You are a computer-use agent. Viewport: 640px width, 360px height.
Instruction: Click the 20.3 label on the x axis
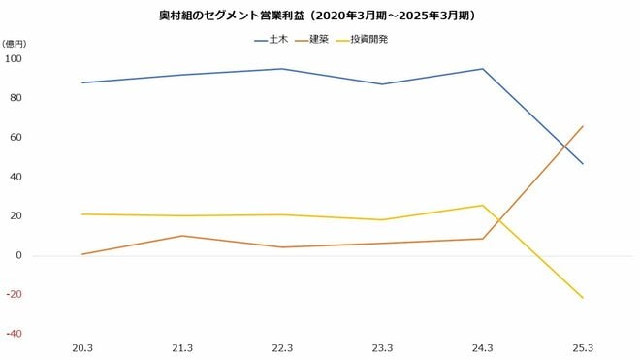81,347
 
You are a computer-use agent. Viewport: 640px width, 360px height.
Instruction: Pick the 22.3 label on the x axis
282,347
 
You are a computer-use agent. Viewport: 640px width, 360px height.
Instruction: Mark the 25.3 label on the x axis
583,347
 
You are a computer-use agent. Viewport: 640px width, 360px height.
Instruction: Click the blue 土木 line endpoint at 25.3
583,164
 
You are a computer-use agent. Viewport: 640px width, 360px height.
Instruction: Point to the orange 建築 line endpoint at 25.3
583,126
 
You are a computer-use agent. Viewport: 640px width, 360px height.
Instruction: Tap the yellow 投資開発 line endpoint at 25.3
583,298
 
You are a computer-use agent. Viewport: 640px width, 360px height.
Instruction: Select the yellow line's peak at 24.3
482,205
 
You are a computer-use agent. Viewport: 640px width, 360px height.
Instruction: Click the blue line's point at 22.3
282,69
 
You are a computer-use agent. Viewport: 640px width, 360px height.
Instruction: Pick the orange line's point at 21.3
182,236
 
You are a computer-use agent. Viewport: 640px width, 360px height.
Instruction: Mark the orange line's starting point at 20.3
81,254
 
